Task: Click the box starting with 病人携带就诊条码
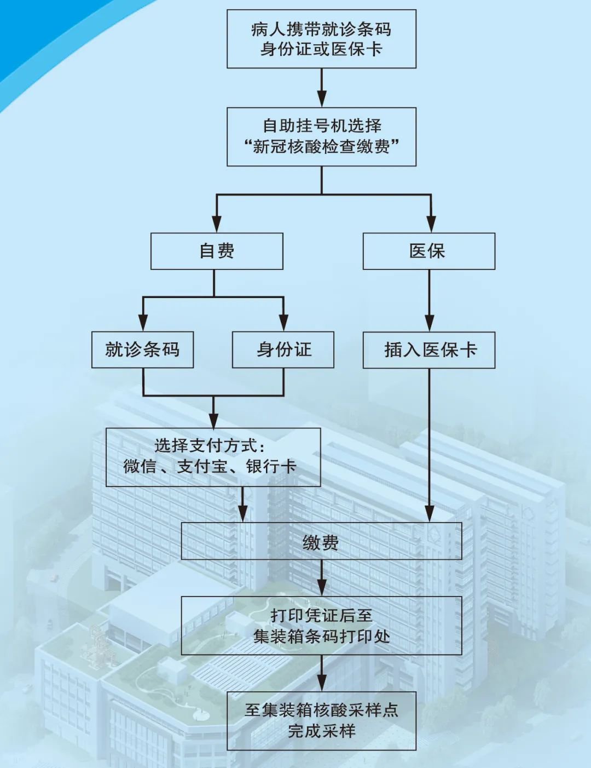(x=321, y=39)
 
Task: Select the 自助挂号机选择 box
(x=321, y=136)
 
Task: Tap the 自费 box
(x=217, y=251)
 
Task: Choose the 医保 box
(x=428, y=251)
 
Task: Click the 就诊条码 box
(x=142, y=349)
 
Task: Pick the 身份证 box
(x=283, y=349)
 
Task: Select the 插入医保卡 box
(x=428, y=349)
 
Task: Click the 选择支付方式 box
(x=213, y=457)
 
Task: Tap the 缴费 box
(x=321, y=541)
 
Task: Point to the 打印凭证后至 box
(x=321, y=626)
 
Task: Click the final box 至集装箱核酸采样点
(x=321, y=720)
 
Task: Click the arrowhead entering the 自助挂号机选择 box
(x=322, y=100)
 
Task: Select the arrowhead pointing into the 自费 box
(x=217, y=225)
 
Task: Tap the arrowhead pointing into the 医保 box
(x=431, y=225)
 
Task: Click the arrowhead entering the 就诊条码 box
(x=143, y=323)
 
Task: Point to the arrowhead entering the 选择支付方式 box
(x=213, y=420)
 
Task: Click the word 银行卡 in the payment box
(x=271, y=467)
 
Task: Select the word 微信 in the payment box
(x=140, y=467)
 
